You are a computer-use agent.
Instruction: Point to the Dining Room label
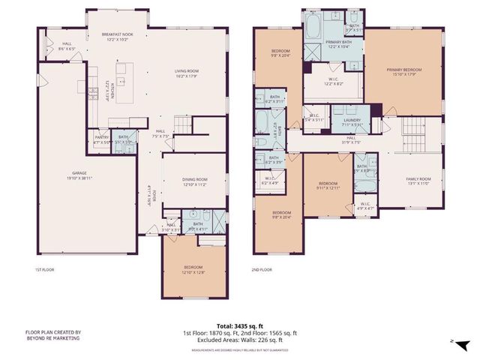coord(194,181)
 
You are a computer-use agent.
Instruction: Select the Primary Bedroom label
coord(404,72)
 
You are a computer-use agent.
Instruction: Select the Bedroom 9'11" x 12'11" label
coord(328,185)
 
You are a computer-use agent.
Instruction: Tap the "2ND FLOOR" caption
coord(262,269)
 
